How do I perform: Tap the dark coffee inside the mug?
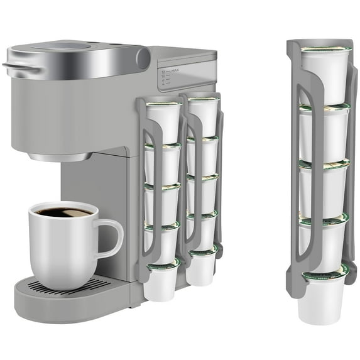[62, 212]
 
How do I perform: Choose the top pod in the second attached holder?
[202, 116]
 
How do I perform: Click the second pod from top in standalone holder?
[324, 132]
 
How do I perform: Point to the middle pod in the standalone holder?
[324, 188]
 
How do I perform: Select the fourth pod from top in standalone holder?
[324, 242]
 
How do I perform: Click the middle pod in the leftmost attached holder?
[161, 201]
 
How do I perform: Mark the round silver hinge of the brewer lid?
[143, 58]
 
